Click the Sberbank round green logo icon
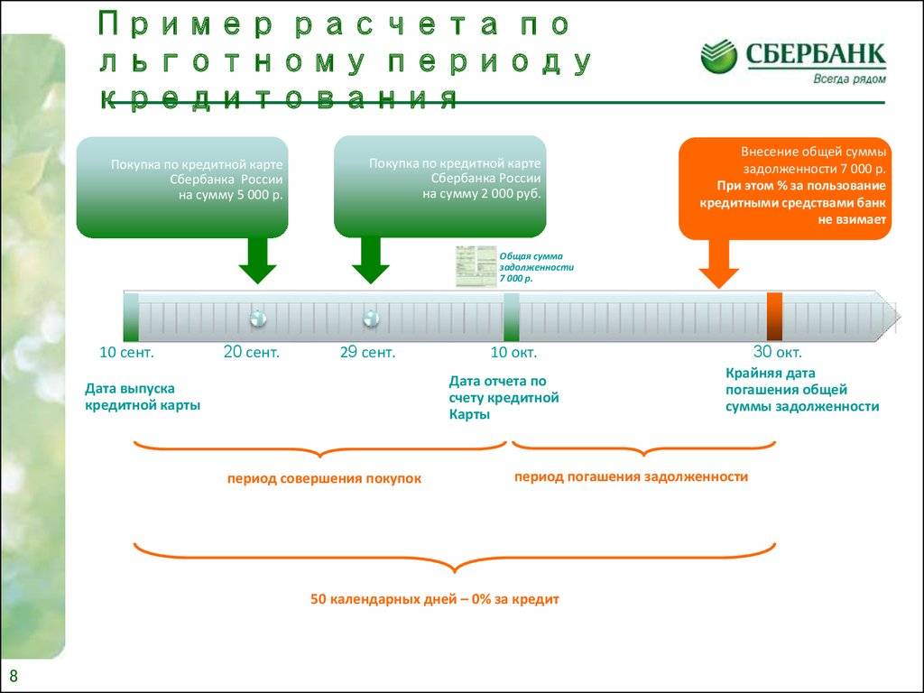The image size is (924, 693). (719, 56)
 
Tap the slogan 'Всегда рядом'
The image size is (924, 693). (848, 79)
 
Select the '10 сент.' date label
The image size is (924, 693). (126, 353)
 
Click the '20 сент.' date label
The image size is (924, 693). (251, 353)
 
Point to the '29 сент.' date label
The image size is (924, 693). (367, 353)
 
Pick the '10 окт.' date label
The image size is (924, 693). (513, 353)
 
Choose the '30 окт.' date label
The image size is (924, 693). (777, 353)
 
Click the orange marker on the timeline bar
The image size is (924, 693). (774, 316)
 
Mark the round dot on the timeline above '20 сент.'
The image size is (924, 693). (258, 318)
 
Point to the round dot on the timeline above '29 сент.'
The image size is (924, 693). (370, 318)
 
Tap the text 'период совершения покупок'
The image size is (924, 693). (324, 478)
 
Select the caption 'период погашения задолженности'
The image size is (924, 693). (631, 476)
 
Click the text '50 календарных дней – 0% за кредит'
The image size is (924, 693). (435, 599)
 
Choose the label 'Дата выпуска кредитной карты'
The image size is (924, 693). (143, 396)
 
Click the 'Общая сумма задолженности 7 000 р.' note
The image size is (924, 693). (537, 268)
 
